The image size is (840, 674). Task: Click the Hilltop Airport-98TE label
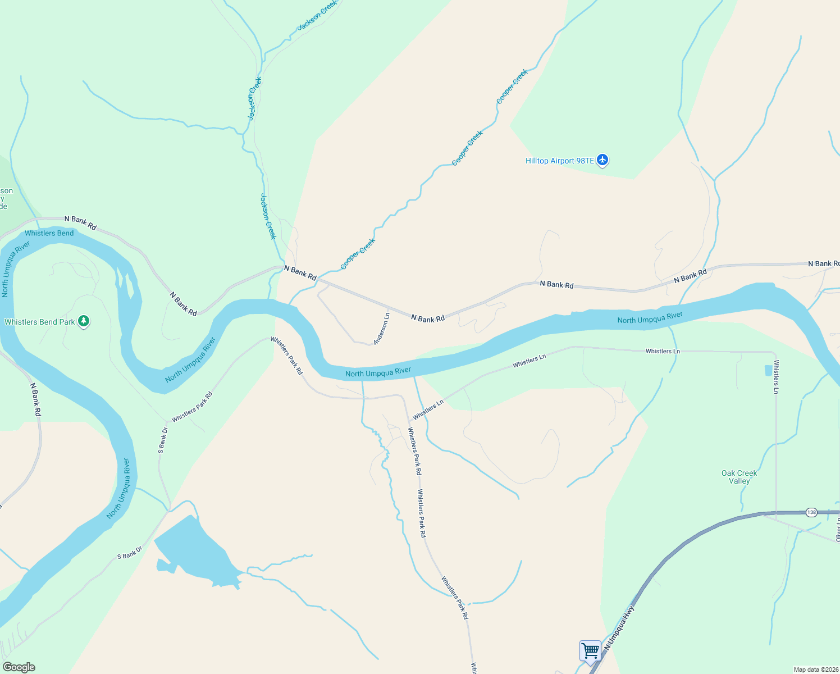pos(559,161)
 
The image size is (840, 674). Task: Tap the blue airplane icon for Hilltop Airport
pos(602,161)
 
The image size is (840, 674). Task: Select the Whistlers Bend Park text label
pos(39,322)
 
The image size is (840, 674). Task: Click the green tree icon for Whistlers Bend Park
pos(84,321)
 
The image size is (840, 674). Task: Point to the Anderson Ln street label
pos(381,329)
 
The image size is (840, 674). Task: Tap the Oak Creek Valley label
pos(739,477)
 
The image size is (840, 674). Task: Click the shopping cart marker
pos(590,652)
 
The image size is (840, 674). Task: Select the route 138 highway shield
pos(811,512)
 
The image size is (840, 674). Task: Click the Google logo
pos(19,667)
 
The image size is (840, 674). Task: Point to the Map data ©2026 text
pos(815,670)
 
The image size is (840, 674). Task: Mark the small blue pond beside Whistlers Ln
pos(768,371)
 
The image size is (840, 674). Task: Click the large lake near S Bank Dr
pos(194,550)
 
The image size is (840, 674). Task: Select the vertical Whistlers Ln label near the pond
pos(776,376)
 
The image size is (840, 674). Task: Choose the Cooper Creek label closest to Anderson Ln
pos(358,254)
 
